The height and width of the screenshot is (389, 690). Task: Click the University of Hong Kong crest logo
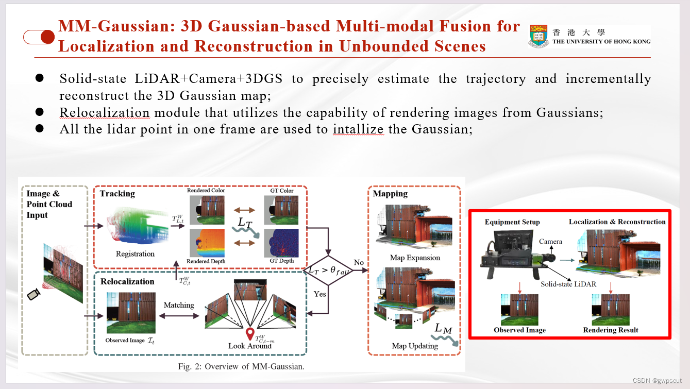[x=539, y=36]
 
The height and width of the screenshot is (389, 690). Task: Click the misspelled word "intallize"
[x=358, y=129]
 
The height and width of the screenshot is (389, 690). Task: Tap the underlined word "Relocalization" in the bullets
[x=105, y=112]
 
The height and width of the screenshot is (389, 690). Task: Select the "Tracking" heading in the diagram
[x=117, y=194]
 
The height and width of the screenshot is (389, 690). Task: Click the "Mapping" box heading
[x=390, y=194]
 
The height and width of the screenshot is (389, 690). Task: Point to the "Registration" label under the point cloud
[x=135, y=254]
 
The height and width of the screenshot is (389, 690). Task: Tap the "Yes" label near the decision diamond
[x=320, y=294]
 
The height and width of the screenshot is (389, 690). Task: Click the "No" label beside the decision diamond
[x=359, y=263]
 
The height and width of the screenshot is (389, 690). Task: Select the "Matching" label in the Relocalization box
[x=179, y=305]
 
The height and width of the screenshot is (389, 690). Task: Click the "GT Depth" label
[x=282, y=261]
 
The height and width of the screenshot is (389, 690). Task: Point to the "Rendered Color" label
[x=206, y=191]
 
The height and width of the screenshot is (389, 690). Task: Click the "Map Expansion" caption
[x=415, y=258]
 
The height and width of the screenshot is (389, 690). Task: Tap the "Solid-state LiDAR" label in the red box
[x=568, y=284]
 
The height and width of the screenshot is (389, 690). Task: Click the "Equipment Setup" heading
[x=512, y=222]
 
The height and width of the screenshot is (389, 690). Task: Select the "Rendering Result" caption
[x=611, y=330]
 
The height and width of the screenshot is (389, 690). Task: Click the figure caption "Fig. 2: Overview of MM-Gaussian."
[x=241, y=367]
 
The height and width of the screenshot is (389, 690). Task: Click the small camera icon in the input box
[x=33, y=294]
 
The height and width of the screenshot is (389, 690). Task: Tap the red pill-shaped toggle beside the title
[x=39, y=37]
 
